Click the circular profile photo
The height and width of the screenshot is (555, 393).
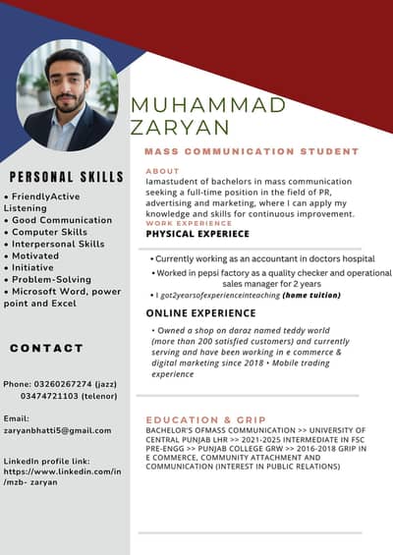[67, 95]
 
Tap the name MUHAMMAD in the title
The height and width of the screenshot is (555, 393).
[207, 105]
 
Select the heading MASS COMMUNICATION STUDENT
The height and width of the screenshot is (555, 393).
[252, 152]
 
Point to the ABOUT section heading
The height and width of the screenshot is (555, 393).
[162, 171]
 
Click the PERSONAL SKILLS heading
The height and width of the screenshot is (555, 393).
[66, 178]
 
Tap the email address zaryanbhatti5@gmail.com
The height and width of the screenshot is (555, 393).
[57, 430]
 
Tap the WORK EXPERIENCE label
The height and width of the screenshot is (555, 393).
[189, 223]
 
